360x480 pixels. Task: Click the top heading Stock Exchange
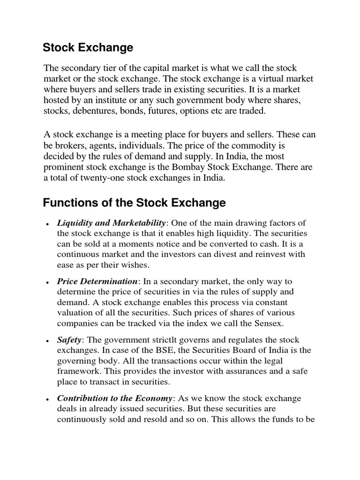pos(88,47)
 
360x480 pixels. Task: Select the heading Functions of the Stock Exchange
pos(134,203)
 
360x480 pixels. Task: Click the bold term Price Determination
pos(97,281)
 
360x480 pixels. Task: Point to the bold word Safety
pos(69,340)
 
